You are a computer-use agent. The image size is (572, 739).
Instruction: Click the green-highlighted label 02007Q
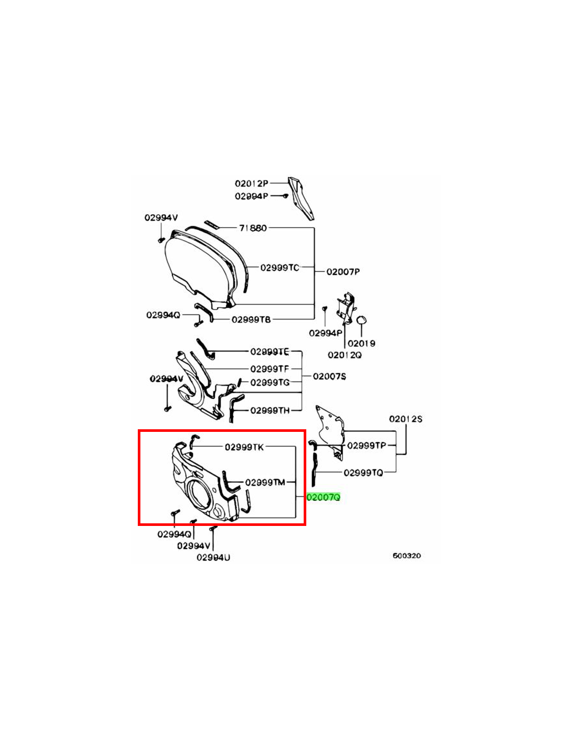pyautogui.click(x=323, y=497)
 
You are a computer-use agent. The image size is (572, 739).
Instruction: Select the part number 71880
pyautogui.click(x=253, y=228)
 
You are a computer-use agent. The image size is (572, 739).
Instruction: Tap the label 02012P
pyautogui.click(x=252, y=183)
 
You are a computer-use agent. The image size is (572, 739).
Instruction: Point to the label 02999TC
pyautogui.click(x=280, y=268)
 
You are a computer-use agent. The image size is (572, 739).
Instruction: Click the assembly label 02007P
pyautogui.click(x=343, y=272)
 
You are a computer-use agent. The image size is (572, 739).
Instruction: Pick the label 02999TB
pyautogui.click(x=251, y=320)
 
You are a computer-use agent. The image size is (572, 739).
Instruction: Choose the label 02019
pyautogui.click(x=361, y=343)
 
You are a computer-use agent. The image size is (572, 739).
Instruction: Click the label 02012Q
pyautogui.click(x=345, y=355)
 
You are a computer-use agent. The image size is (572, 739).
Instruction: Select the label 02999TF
pyautogui.click(x=269, y=368)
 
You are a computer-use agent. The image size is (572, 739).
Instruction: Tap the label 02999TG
pyautogui.click(x=270, y=382)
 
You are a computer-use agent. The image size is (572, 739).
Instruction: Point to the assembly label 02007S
pyautogui.click(x=329, y=376)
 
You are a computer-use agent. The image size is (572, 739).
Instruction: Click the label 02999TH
pyautogui.click(x=270, y=411)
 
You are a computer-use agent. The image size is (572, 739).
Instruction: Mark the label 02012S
pyautogui.click(x=406, y=419)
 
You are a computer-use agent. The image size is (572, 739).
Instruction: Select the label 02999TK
pyautogui.click(x=244, y=447)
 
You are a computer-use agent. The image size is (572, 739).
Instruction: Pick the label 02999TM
pyautogui.click(x=265, y=482)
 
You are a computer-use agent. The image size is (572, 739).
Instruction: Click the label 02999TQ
pyautogui.click(x=363, y=473)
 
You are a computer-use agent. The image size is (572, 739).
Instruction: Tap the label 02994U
pyautogui.click(x=213, y=558)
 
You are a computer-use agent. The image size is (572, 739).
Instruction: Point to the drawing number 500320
pyautogui.click(x=407, y=556)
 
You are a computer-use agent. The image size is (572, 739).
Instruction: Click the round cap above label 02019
pyautogui.click(x=361, y=320)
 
